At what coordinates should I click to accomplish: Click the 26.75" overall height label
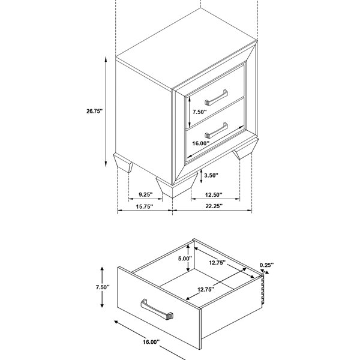click(x=94, y=111)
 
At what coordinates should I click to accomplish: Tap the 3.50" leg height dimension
click(x=211, y=175)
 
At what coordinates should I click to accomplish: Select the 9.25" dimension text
click(x=146, y=194)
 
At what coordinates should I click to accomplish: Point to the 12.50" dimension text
click(x=214, y=194)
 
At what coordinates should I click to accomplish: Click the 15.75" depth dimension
click(x=145, y=206)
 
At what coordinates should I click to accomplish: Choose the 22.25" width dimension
click(x=214, y=206)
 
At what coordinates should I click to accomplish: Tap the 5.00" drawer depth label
click(x=185, y=258)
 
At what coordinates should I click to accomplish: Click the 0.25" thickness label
click(x=267, y=265)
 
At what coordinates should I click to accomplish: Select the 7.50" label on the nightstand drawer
click(x=200, y=112)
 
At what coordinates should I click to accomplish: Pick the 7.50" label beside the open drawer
click(x=103, y=287)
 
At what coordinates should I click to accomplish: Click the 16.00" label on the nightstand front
click(x=201, y=143)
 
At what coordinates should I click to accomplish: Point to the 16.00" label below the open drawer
click(x=151, y=342)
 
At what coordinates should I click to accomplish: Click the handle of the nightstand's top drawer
click(x=216, y=98)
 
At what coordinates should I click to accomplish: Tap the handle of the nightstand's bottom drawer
click(x=216, y=130)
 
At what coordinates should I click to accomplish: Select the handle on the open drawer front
click(x=157, y=310)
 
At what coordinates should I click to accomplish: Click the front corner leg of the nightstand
click(x=177, y=185)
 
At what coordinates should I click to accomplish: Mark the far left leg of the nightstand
click(x=123, y=163)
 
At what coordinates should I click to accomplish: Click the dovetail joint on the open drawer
click(x=262, y=290)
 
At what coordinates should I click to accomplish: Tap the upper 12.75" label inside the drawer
click(x=217, y=262)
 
